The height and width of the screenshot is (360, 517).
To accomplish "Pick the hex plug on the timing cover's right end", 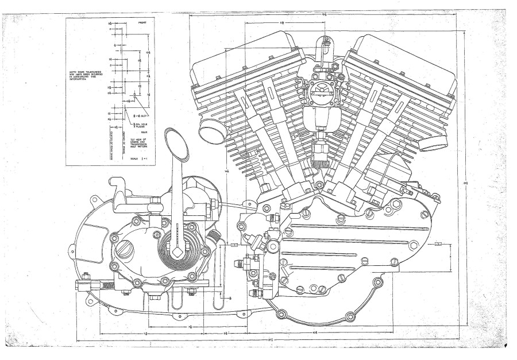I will (414, 246).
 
